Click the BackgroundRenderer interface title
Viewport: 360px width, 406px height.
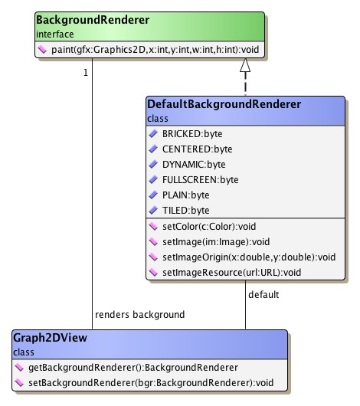pos(82,20)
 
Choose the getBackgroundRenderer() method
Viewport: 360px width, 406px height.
pos(123,368)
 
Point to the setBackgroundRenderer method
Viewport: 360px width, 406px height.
pos(142,382)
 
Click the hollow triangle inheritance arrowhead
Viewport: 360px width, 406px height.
pos(245,67)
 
